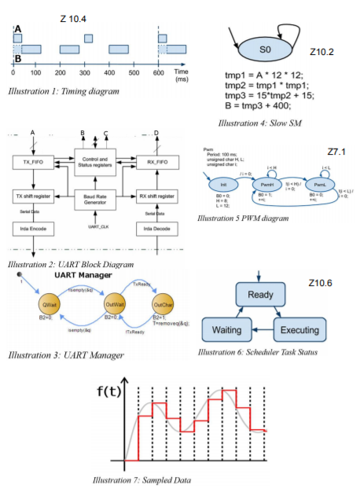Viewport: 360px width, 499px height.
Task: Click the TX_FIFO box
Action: click(32, 163)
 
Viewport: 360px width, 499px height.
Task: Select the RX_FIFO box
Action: click(156, 163)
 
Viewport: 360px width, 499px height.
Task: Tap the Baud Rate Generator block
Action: click(94, 200)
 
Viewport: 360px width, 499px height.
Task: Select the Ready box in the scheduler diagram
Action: click(259, 295)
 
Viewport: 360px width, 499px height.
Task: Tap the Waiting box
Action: click(227, 329)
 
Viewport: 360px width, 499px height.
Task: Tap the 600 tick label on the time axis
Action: click(159, 72)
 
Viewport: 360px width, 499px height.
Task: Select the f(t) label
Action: click(112, 391)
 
